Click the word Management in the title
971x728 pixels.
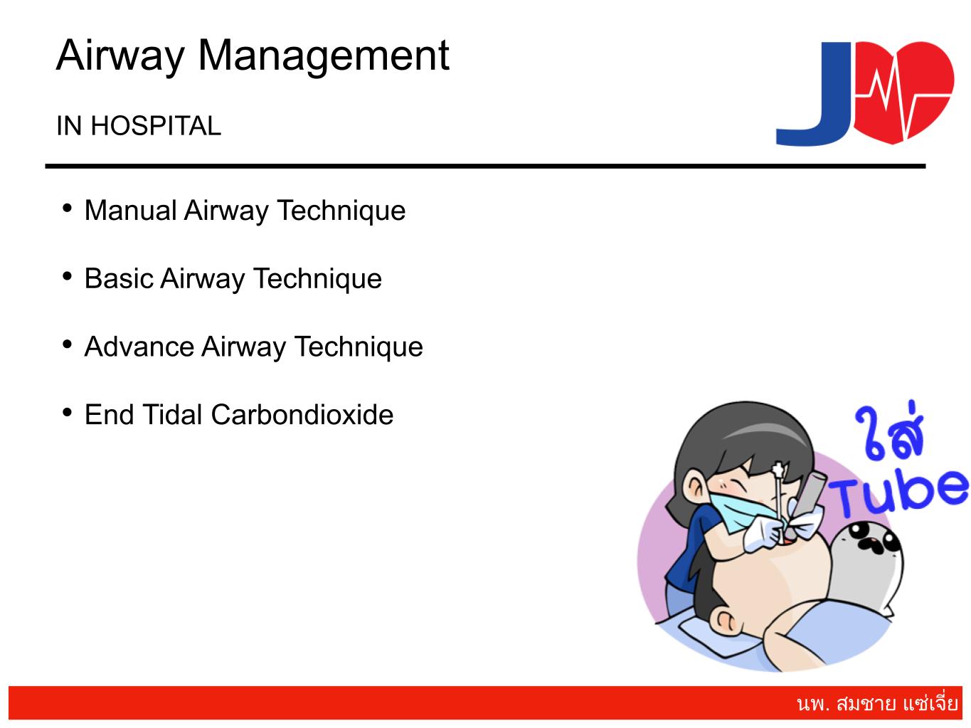coord(324,56)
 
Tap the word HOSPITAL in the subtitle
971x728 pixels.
coord(156,126)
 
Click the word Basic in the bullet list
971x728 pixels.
coord(119,278)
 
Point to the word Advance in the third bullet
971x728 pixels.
coord(139,347)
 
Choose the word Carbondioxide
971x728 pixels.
coord(302,415)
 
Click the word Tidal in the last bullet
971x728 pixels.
coord(173,415)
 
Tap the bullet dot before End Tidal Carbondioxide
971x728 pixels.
coord(68,413)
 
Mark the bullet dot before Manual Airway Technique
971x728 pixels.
coord(68,208)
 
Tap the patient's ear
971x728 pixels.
coord(725,623)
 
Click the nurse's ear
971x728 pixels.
coord(696,487)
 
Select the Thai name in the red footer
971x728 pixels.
coord(877,704)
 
